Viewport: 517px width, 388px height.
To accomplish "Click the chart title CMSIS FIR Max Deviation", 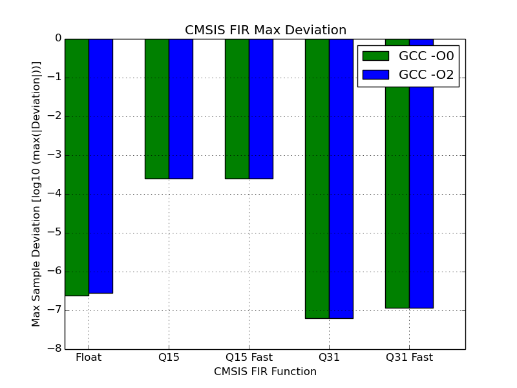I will (266, 30).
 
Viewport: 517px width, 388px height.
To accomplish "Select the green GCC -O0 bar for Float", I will (77, 167).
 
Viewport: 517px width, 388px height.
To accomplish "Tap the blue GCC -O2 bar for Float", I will (101, 166).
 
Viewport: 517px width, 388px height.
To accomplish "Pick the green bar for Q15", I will (157, 109).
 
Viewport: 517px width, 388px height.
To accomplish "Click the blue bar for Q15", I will (181, 109).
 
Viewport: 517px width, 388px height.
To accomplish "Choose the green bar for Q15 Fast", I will (237, 109).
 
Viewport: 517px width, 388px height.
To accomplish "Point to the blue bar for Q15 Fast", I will (261, 109).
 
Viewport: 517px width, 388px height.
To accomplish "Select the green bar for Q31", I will (317, 178).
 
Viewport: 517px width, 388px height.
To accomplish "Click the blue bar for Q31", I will (341, 178).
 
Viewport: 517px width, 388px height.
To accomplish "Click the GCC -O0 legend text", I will (427, 56).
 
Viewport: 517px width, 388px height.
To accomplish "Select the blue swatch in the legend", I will (375, 75).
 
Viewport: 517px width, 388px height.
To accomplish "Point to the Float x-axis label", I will (89, 358).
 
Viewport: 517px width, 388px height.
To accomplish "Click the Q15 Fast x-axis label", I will (249, 358).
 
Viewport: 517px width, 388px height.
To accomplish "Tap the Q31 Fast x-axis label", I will (409, 358).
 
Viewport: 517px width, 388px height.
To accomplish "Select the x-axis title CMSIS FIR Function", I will (265, 372).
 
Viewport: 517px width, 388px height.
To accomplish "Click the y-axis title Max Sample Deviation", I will (37, 194).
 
